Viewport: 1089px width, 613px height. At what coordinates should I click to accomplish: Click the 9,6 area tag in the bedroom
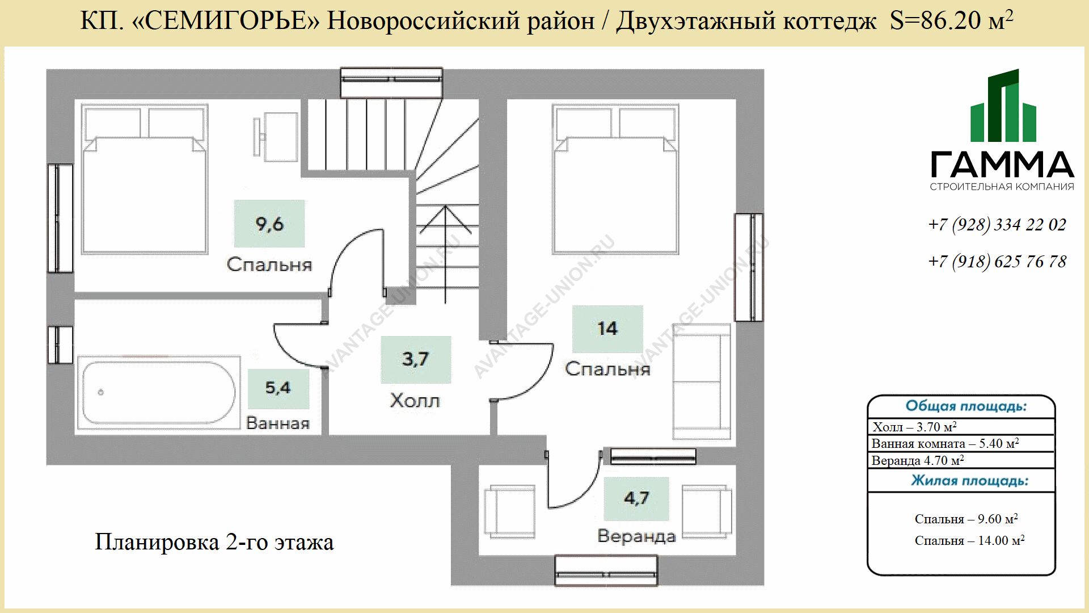click(269, 224)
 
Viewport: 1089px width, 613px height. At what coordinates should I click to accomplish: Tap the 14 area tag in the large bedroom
click(607, 329)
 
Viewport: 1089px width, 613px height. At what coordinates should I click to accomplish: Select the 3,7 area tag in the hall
click(416, 359)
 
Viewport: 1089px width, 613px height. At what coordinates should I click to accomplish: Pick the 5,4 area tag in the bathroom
click(278, 388)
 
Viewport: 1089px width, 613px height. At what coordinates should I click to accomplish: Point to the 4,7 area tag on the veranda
click(636, 498)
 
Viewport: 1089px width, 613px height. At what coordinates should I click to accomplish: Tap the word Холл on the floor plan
click(415, 401)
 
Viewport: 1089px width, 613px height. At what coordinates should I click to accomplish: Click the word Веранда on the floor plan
click(636, 536)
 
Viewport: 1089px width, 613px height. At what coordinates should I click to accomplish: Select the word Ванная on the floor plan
click(278, 423)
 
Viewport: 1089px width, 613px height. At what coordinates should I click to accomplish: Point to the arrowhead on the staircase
click(446, 219)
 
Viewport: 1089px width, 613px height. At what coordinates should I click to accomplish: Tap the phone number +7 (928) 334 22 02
click(997, 225)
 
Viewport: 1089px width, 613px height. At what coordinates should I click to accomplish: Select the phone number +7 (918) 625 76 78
click(997, 262)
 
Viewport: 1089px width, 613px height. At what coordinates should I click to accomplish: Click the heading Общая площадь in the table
click(966, 406)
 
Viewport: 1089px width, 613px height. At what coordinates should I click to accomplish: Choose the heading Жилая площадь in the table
click(970, 481)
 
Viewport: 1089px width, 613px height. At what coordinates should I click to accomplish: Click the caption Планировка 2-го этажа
click(214, 542)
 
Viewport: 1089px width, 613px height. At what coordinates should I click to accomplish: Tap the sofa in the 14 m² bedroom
click(702, 381)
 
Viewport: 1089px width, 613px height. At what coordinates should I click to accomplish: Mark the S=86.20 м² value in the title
click(951, 20)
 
